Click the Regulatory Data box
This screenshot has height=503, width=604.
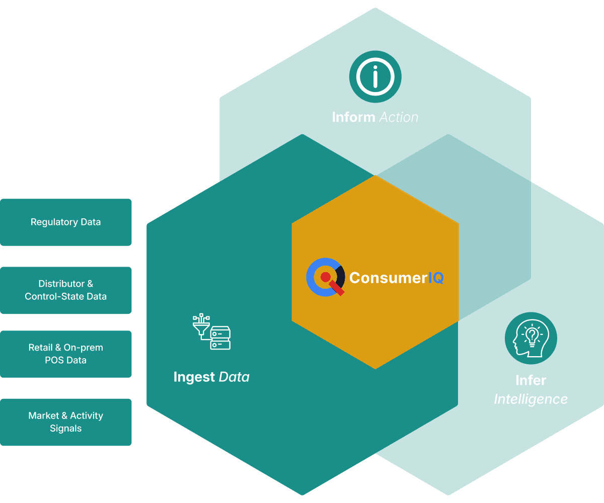tap(65, 222)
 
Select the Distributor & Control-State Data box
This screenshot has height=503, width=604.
tap(65, 290)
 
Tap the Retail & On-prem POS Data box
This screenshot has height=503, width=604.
tap(65, 354)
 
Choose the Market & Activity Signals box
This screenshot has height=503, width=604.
tap(65, 422)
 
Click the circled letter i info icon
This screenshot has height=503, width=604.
tap(375, 77)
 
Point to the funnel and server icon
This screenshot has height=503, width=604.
tap(211, 332)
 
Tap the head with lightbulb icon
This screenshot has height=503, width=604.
tap(531, 339)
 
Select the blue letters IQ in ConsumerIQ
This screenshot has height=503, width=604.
tap(436, 278)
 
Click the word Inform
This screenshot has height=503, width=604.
tap(353, 117)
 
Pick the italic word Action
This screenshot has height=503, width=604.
tap(399, 117)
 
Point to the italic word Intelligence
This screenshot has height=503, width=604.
tap(531, 399)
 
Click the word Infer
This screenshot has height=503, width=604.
tap(531, 380)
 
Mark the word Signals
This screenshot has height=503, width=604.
tap(65, 429)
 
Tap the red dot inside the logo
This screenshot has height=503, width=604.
tap(325, 277)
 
